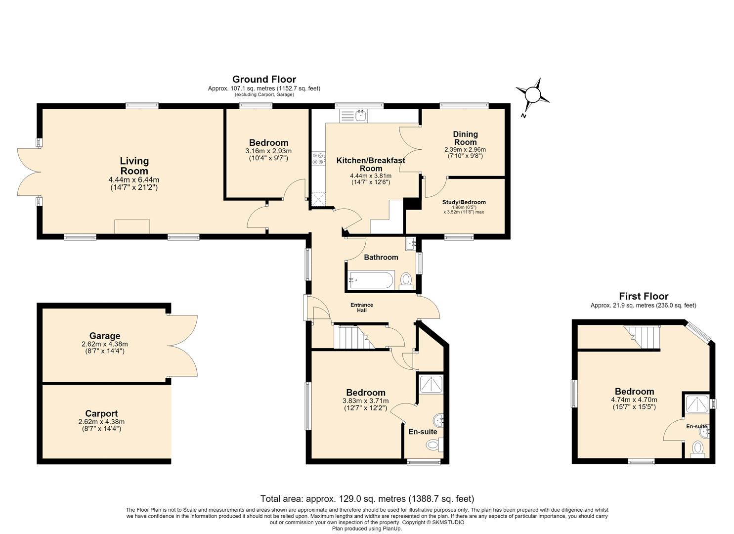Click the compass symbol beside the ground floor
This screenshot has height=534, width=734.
(532, 95)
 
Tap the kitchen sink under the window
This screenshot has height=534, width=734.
(353, 116)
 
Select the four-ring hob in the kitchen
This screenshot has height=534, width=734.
(318, 159)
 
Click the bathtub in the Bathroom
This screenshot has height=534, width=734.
(372, 280)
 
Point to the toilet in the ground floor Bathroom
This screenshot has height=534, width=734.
(406, 281)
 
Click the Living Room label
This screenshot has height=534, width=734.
(134, 166)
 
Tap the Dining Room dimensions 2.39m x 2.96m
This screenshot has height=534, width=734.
(465, 150)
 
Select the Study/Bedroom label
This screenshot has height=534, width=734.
(464, 202)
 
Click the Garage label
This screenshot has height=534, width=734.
(105, 336)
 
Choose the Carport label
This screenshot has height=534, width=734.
(102, 413)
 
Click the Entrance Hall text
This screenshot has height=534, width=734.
(362, 308)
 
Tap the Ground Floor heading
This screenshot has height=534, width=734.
(264, 79)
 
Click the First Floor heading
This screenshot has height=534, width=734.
(644, 296)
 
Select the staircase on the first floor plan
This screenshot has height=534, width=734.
(642, 337)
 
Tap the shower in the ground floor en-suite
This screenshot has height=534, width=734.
(431, 384)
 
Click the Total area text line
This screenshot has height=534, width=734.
(367, 498)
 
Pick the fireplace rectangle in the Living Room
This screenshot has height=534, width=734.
(132, 227)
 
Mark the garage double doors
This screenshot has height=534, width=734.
(182, 346)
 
